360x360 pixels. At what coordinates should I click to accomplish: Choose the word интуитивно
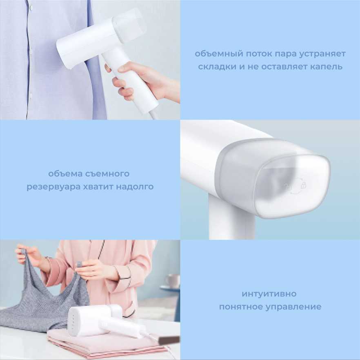(x=269, y=294)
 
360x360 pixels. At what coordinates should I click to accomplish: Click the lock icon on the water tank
(x=303, y=185)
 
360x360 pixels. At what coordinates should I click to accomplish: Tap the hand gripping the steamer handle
(x=142, y=83)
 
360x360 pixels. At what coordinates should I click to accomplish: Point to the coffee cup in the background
(x=172, y=281)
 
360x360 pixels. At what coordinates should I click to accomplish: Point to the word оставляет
(x=284, y=67)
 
